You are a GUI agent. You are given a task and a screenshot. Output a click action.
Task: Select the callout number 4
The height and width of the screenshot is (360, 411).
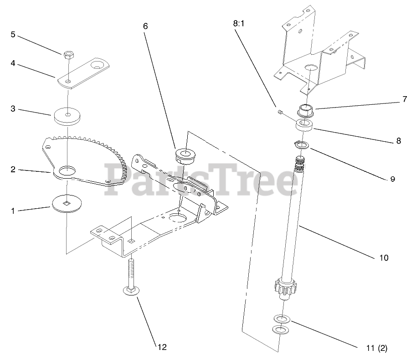click(x=13, y=64)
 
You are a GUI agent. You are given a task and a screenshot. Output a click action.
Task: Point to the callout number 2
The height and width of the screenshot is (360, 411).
click(x=13, y=170)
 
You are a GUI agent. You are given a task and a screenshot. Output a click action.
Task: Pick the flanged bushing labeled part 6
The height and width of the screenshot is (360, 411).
click(x=185, y=155)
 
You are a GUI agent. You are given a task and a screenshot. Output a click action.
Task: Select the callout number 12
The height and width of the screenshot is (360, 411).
click(x=162, y=347)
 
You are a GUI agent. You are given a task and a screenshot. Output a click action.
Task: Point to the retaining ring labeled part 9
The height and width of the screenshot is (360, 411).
click(x=301, y=145)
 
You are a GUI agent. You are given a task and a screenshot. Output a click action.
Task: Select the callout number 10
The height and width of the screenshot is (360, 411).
click(x=383, y=258)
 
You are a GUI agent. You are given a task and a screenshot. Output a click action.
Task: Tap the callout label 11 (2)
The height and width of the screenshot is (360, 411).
click(x=376, y=349)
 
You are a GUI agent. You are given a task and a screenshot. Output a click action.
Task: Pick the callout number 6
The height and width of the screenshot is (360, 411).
click(x=145, y=26)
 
